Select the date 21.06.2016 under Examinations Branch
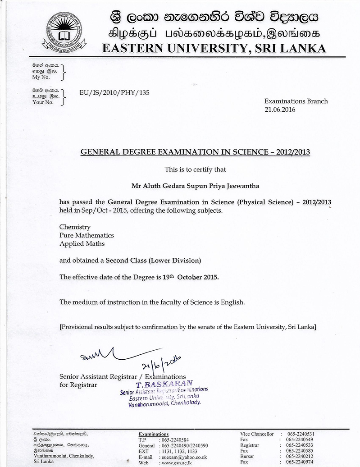tap(279, 110)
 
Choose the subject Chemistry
tap(75, 227)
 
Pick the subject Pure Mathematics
tap(87, 235)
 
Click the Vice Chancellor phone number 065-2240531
tap(298, 434)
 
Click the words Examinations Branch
tap(296, 101)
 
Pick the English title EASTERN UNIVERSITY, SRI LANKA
tap(214, 47)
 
